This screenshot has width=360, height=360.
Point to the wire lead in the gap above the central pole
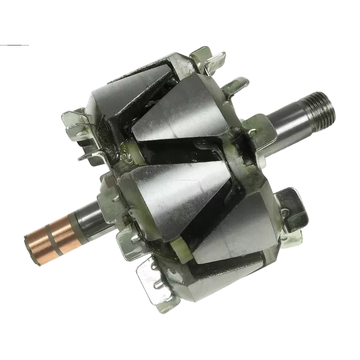(202, 146)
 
